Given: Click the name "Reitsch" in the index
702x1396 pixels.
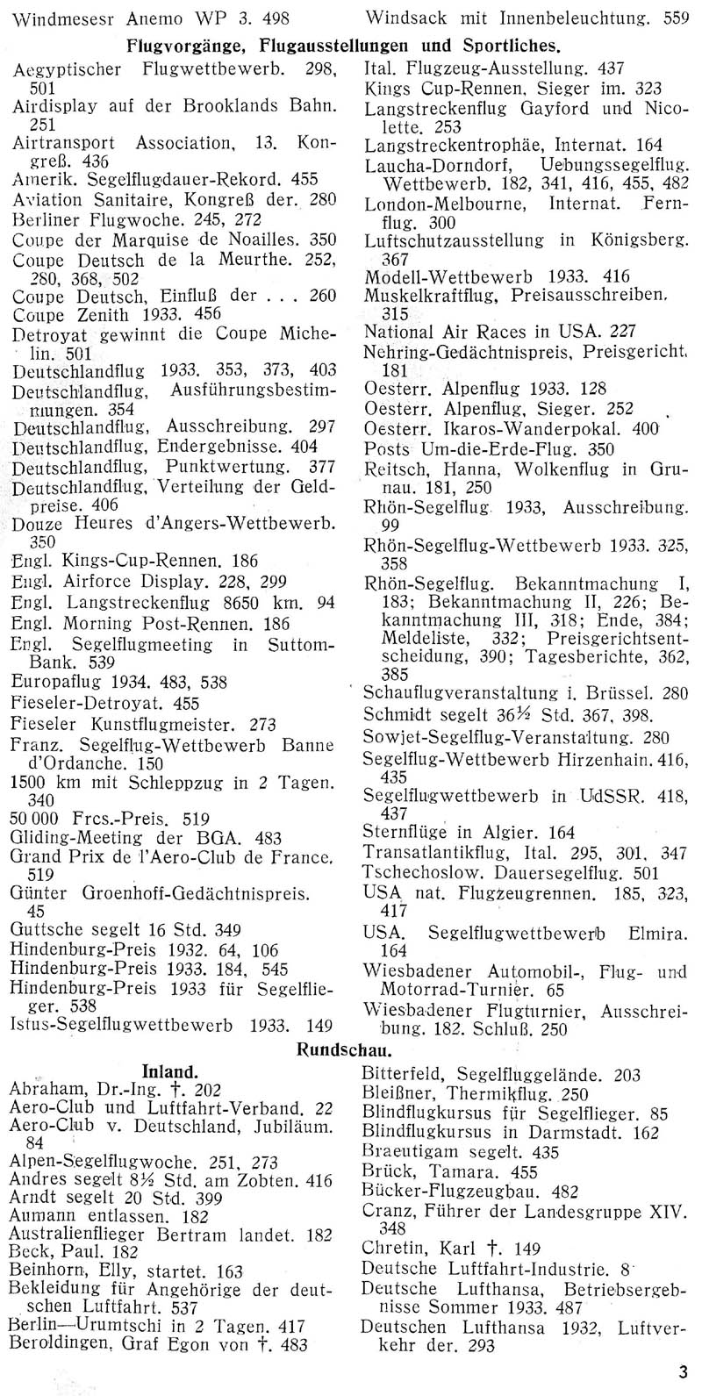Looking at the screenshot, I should (x=394, y=472).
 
